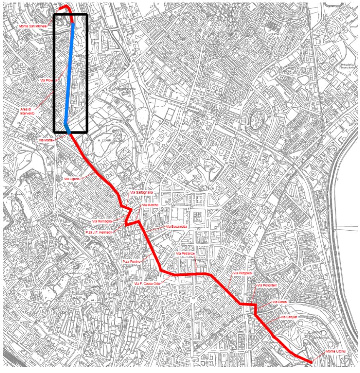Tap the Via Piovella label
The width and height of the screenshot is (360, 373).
click(x=48, y=80)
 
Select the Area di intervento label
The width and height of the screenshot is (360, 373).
click(x=28, y=111)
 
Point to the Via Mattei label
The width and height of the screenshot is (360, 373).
click(x=46, y=140)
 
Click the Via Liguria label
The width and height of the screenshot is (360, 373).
click(x=72, y=179)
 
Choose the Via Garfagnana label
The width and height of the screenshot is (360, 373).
click(x=142, y=192)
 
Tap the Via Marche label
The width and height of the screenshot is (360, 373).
click(x=150, y=205)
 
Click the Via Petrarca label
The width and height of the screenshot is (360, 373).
click(x=185, y=254)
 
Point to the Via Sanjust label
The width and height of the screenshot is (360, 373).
click(x=290, y=318)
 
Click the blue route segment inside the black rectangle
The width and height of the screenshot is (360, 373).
click(x=70, y=75)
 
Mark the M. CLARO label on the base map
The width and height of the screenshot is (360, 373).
click(x=103, y=141)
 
